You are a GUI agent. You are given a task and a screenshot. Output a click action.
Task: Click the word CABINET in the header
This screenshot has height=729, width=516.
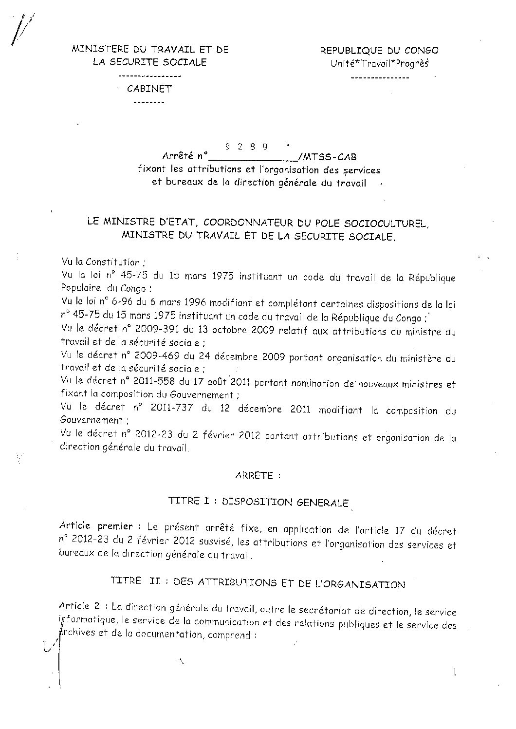point(149,89)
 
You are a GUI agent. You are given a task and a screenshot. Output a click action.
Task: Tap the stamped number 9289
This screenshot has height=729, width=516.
point(246,146)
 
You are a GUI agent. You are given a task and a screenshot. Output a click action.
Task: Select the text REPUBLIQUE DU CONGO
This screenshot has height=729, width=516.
point(379,50)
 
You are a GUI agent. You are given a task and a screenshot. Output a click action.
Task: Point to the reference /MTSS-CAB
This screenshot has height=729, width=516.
point(329,157)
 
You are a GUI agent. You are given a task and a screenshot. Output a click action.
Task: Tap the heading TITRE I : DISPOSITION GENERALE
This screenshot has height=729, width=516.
point(258,502)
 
